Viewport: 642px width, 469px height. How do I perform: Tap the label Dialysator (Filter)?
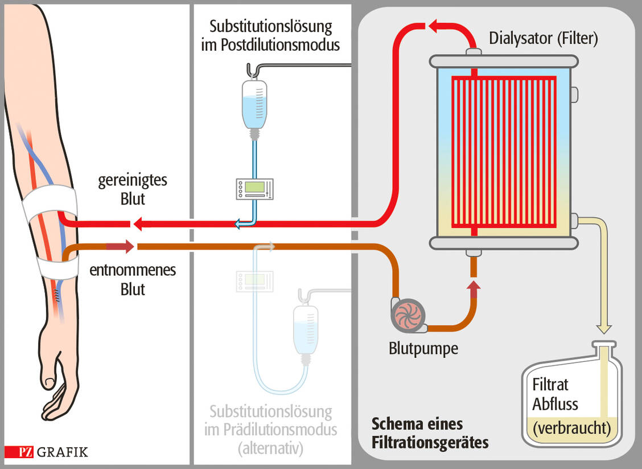coord(544,39)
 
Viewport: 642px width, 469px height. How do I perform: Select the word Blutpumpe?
coord(423,348)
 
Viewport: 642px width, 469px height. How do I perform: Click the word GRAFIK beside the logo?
coord(63,452)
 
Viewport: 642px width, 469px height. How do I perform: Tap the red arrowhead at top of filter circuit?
coord(436,26)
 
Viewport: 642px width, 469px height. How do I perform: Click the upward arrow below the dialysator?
coord(474,288)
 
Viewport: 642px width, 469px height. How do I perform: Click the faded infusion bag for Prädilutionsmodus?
coord(305,329)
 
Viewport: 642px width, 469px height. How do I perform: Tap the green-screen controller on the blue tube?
coord(254,189)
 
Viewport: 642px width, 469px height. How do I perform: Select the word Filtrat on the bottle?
coord(550,385)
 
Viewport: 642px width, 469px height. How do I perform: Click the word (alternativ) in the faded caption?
coord(270,448)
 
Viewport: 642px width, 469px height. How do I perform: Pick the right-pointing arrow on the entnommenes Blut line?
coord(120,246)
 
